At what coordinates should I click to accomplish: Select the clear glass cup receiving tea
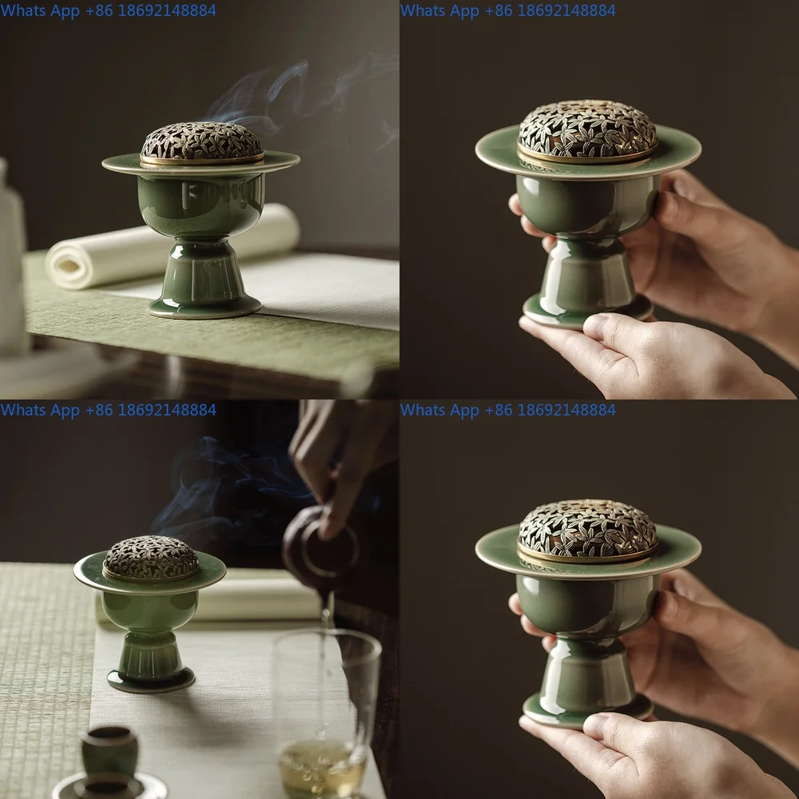328,703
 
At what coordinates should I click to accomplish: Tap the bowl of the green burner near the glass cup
149,611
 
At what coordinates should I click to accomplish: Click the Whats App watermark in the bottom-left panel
108,410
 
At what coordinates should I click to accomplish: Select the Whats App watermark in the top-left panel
108,10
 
